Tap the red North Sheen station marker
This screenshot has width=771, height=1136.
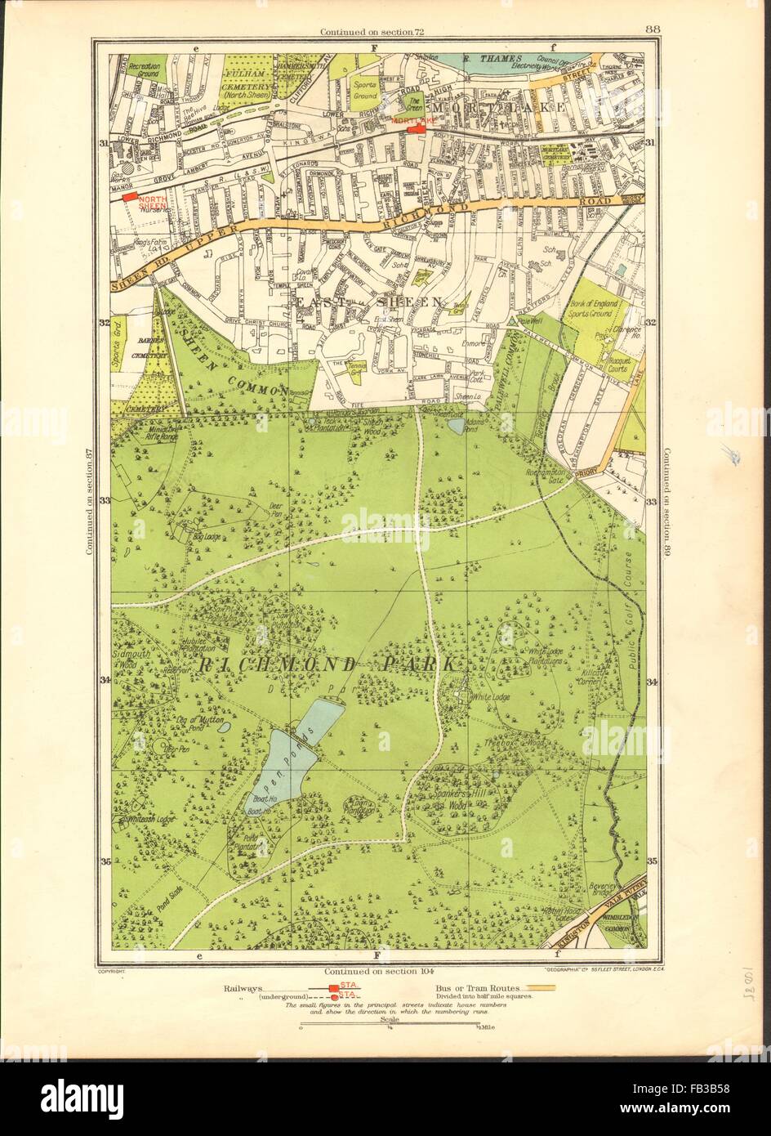[126, 196]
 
